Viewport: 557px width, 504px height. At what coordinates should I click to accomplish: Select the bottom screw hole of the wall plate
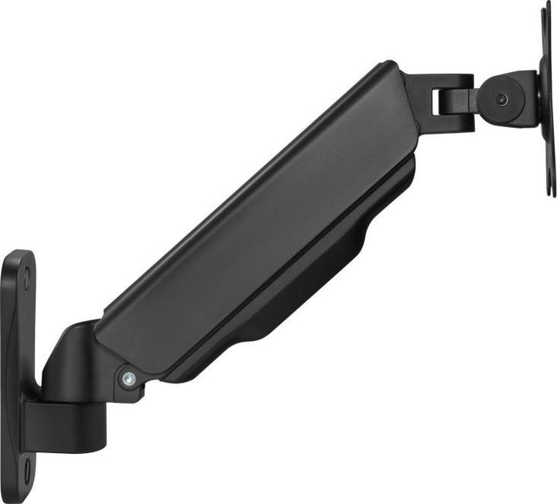(26, 465)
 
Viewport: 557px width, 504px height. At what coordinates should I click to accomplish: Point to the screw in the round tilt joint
(502, 99)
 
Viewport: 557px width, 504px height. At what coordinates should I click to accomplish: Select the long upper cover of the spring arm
(255, 224)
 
